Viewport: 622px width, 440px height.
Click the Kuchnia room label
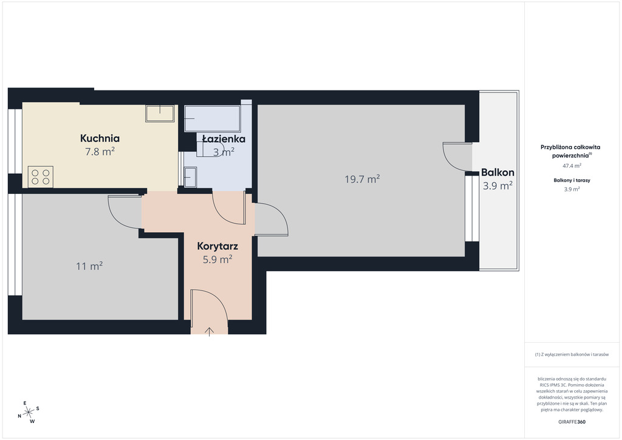tap(100, 139)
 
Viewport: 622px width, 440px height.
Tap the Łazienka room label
tap(224, 139)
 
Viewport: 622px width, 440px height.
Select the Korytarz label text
tap(217, 246)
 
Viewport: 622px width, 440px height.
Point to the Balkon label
tap(497, 173)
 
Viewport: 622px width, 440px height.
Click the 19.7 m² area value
tap(362, 179)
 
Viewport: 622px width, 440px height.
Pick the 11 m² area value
tap(89, 266)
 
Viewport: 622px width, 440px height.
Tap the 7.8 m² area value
tap(100, 151)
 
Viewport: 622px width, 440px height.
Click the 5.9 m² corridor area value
tap(217, 260)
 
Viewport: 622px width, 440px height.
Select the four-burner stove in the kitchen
tap(41, 177)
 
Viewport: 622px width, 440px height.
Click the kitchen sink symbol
tap(160, 114)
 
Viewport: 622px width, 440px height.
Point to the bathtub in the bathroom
tap(212, 119)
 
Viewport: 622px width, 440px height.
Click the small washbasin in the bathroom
tap(190, 177)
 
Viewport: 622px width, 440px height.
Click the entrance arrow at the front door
tap(209, 332)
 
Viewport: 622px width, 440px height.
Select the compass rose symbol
tap(29, 413)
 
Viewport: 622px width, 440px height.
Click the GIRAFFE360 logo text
tap(572, 422)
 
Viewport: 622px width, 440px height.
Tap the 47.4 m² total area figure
tap(572, 166)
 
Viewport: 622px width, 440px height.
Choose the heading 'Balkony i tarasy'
tap(572, 180)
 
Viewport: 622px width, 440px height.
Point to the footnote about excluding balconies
tap(572, 354)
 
